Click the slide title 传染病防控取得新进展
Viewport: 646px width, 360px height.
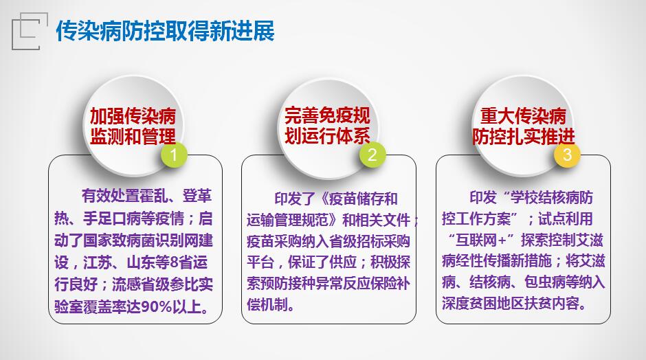click(x=165, y=31)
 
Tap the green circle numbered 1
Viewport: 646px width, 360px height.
click(x=174, y=155)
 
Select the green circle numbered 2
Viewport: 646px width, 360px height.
click(x=372, y=155)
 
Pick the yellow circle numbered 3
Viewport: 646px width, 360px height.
click(x=567, y=155)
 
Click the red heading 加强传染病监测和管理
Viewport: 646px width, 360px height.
click(x=133, y=126)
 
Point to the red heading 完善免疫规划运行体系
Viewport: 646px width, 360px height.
click(x=328, y=126)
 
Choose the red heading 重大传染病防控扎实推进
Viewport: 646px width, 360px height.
click(x=523, y=126)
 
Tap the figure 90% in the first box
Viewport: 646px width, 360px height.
click(x=157, y=307)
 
